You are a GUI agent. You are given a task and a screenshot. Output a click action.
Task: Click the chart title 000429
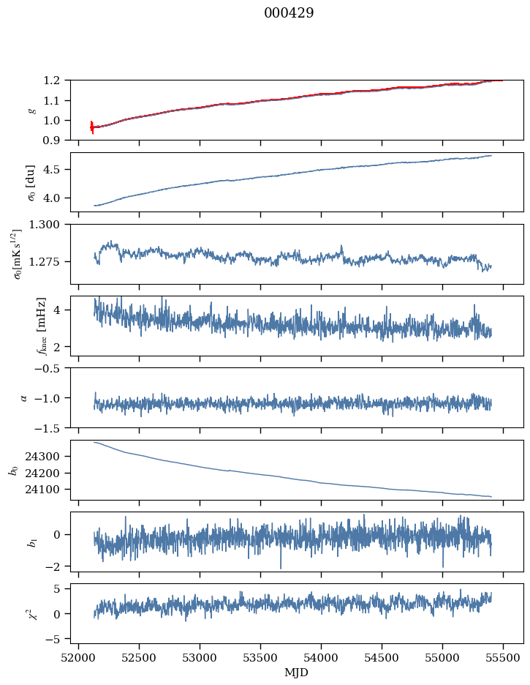coord(289,13)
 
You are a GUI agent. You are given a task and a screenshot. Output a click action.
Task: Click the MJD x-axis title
coord(296,672)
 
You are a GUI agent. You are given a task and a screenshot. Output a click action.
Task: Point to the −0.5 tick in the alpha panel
coord(53,368)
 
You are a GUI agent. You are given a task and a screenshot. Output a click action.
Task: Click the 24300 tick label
coord(48,456)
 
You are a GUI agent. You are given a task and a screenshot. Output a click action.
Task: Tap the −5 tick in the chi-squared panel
coord(56,639)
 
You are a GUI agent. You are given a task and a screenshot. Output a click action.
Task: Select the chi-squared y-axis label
coord(22,613)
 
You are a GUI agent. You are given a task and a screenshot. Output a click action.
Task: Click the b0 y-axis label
coord(12,470)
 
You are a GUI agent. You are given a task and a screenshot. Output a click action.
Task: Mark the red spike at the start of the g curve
coord(92,127)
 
